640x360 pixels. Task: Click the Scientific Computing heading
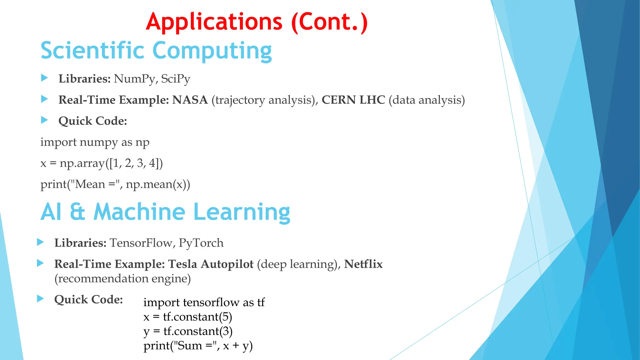coord(156,51)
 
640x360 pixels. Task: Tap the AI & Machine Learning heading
coord(165,212)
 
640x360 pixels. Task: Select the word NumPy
coord(135,79)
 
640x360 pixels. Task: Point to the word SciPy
coord(175,79)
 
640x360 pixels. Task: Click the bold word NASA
coord(190,100)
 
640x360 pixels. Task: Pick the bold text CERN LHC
coord(353,100)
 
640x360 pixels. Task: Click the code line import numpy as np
coord(95,142)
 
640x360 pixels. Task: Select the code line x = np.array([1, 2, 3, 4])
coord(102,163)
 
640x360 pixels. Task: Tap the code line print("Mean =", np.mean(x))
coord(115,184)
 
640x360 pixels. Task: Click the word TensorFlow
coord(141,243)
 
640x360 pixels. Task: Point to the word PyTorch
coord(201,243)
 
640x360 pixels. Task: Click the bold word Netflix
coord(363,264)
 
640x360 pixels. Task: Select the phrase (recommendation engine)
coord(122,278)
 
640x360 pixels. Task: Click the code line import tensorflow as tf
coord(204,302)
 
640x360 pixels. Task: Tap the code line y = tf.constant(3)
coord(188,331)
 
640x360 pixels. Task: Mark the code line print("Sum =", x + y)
coord(198,346)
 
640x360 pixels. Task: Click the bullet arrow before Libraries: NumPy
coord(44,78)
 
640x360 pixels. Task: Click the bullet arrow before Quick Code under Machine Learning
coord(40,298)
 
